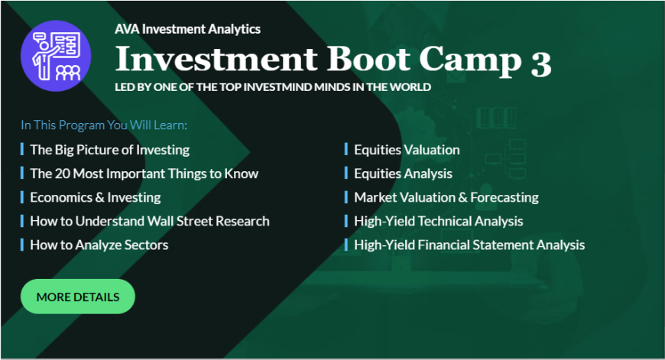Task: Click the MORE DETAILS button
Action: [78, 297]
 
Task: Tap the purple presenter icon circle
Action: [56, 56]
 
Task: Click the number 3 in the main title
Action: [540, 63]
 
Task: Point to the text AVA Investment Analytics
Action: [187, 29]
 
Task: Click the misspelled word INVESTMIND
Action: [277, 87]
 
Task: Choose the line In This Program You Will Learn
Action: [104, 125]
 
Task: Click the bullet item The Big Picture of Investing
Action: [110, 150]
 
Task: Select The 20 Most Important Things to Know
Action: [144, 174]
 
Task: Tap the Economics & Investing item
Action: [96, 197]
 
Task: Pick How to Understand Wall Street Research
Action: [150, 221]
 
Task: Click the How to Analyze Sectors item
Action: [99, 245]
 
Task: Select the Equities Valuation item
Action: [407, 150]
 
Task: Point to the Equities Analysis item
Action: [404, 174]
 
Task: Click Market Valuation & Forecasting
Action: [446, 197]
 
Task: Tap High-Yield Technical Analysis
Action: [439, 221]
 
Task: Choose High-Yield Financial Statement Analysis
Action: [469, 245]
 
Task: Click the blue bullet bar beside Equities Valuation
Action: [346, 149]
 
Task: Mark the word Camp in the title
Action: [470, 60]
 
